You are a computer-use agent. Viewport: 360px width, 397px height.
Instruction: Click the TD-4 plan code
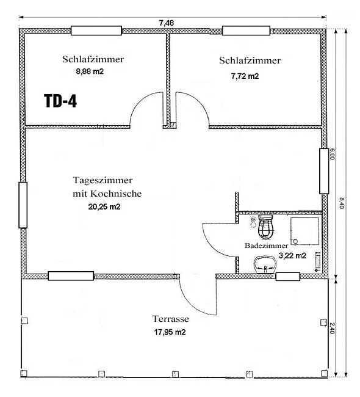pos(60,101)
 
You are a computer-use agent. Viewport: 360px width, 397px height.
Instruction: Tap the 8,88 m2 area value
pos(90,71)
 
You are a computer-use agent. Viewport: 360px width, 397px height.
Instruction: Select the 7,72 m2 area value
pos(245,76)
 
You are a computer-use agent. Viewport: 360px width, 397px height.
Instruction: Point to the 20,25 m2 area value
pos(104,207)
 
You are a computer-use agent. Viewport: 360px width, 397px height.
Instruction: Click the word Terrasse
pos(170,319)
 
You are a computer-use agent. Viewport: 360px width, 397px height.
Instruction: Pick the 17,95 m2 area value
pos(170,332)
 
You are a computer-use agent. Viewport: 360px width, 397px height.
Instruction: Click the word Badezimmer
pos(267,246)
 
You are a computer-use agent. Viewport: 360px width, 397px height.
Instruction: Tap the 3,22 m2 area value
pos(292,256)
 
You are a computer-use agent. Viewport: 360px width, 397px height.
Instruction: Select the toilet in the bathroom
pos(265,227)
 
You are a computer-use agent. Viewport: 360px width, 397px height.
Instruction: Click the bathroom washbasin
pos(265,264)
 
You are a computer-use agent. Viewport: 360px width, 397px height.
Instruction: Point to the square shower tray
pos(304,231)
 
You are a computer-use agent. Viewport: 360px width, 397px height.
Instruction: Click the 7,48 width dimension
pos(167,23)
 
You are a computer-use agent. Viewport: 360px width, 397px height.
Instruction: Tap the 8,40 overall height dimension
pos(341,203)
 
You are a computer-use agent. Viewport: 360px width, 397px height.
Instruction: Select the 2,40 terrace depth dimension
pos(333,328)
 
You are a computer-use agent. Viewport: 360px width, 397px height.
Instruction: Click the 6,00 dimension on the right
pos(332,154)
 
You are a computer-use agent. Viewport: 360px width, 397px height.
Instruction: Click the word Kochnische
pos(116,194)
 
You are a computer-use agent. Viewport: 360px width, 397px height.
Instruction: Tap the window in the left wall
pos(23,205)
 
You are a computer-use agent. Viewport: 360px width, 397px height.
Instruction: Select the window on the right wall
pos(324,171)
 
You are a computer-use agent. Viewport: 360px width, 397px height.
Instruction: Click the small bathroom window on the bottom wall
pos(287,277)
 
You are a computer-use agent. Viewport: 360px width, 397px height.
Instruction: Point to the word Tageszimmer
pos(103,181)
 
